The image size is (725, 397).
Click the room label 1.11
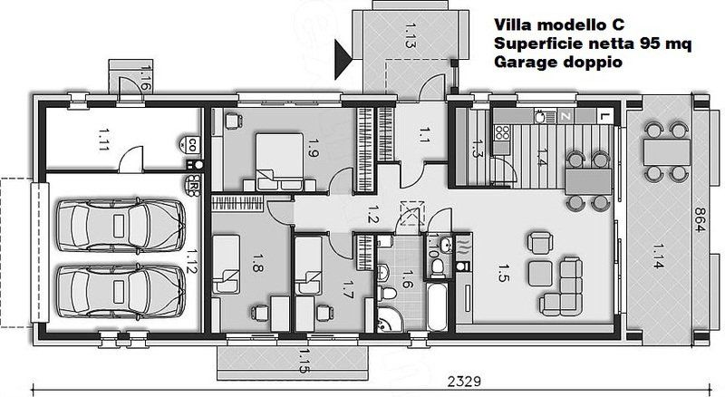click(x=103, y=140)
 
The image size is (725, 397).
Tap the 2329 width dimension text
click(x=464, y=382)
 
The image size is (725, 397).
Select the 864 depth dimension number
click(x=699, y=219)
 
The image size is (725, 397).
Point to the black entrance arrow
click(x=343, y=59)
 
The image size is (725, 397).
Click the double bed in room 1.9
click(x=279, y=162)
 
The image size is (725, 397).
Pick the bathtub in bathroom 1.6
click(x=437, y=306)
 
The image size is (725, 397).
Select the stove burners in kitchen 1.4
click(x=503, y=132)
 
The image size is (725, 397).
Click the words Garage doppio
click(x=558, y=62)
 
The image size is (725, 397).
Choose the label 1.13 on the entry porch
click(x=410, y=35)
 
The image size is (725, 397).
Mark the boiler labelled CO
click(x=190, y=144)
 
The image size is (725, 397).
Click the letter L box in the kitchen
click(x=603, y=117)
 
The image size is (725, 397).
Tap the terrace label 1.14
click(x=659, y=256)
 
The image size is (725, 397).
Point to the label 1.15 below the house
click(x=304, y=362)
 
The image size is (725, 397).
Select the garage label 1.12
click(x=191, y=261)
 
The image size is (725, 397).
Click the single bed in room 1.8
click(x=226, y=264)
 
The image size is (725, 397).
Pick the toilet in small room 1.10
click(x=437, y=266)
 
